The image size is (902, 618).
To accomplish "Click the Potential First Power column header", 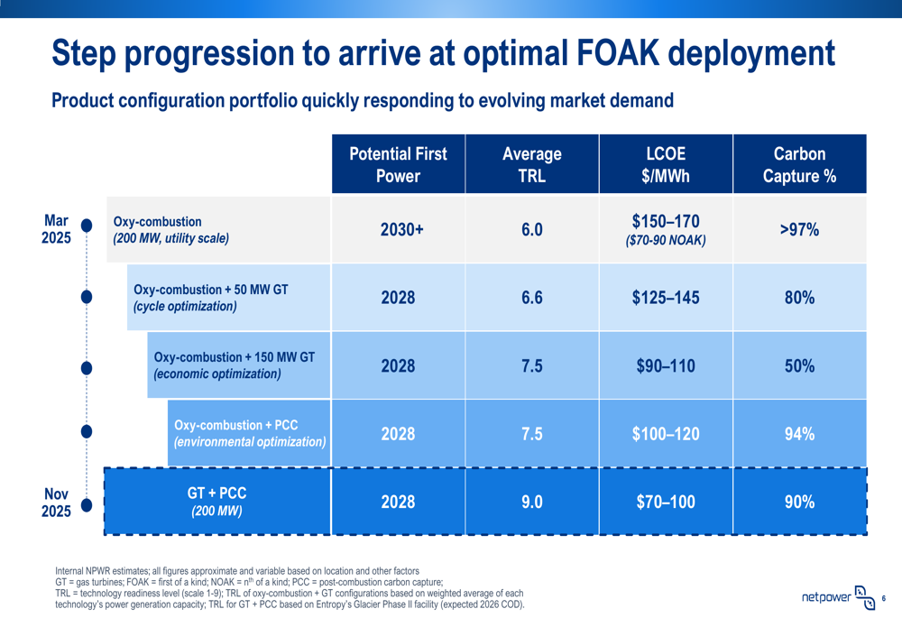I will pos(398,164).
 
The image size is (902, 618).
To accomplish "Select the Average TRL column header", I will pos(531,164).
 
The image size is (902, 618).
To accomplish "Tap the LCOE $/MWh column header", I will pos(665,164).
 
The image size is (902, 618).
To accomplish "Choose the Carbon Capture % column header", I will pos(799,164).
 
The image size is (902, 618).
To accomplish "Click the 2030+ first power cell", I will pos(398,230).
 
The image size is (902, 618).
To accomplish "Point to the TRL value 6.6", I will pos(531,298).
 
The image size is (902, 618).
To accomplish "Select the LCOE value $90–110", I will pos(665,366).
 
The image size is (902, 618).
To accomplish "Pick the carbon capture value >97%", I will pos(799,230).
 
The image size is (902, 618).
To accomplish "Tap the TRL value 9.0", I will pos(531,502).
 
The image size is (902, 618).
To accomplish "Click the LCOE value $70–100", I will pos(665,502).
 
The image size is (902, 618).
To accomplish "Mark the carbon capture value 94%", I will pos(799,434).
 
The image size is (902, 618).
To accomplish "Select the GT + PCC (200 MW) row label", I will pos(216,502).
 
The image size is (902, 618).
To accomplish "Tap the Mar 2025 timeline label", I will pos(56,229).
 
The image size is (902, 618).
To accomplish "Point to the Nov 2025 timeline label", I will pos(56,503).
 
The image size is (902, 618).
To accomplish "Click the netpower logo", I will pos(838,597).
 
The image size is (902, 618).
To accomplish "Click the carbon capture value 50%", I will pos(799,366).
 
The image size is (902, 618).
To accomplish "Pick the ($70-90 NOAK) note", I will pos(665,241).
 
